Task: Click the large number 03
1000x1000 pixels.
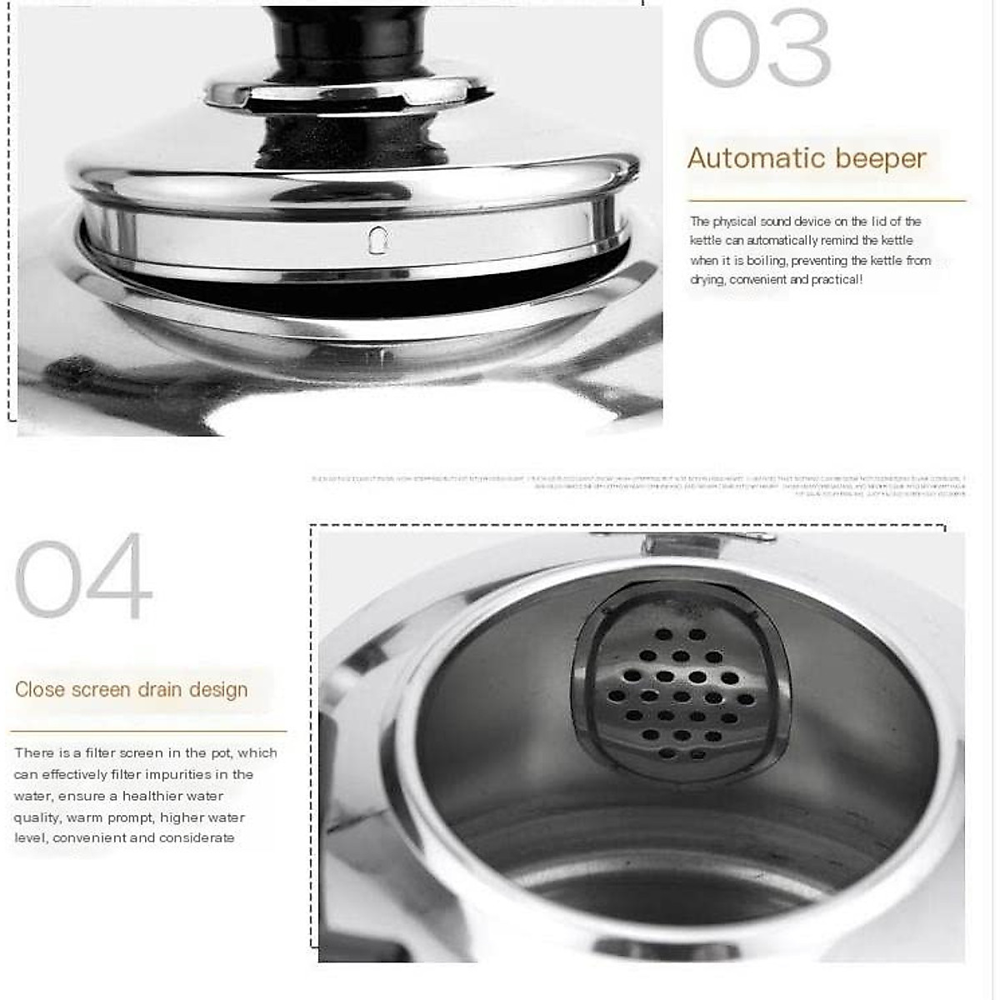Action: pyautogui.click(x=761, y=49)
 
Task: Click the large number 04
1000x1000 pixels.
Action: pyautogui.click(x=83, y=577)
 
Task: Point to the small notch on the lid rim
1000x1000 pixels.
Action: pyautogui.click(x=378, y=239)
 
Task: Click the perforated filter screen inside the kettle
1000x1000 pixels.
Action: pyautogui.click(x=679, y=692)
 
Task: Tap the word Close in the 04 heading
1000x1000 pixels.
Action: pyautogui.click(x=41, y=690)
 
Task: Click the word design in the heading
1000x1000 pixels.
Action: pyautogui.click(x=218, y=690)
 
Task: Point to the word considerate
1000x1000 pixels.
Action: pyautogui.click(x=197, y=838)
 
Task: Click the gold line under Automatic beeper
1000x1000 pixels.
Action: pyautogui.click(x=826, y=201)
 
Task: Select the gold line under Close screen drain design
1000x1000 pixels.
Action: pyautogui.click(x=148, y=732)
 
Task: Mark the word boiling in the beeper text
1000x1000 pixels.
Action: pyautogui.click(x=766, y=261)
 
